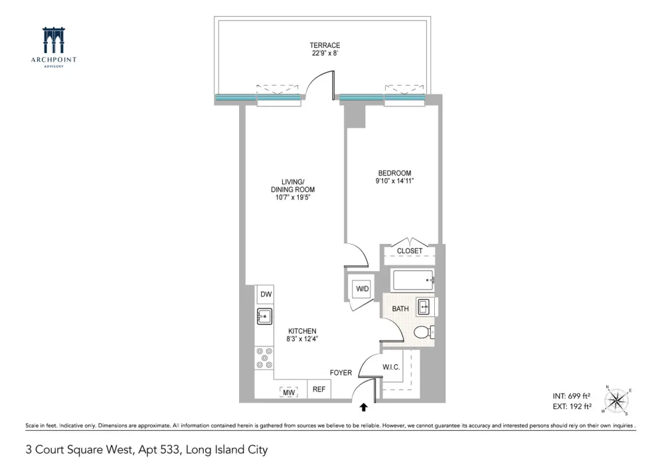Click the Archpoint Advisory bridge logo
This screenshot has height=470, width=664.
[x=53, y=41]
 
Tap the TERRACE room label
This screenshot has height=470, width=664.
[x=325, y=45]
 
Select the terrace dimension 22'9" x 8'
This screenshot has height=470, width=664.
[x=325, y=53]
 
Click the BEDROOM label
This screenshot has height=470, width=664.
[x=394, y=173]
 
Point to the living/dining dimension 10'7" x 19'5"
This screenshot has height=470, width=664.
[x=293, y=197]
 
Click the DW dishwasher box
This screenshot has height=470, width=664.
[x=266, y=294]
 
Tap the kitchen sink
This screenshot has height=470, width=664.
[x=265, y=316]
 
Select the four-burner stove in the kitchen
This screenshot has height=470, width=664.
[x=264, y=358]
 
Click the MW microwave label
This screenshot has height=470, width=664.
[x=289, y=393]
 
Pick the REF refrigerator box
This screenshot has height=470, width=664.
[x=319, y=389]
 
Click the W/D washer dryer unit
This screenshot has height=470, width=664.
[x=362, y=289]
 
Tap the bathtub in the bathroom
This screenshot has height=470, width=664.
[x=413, y=280]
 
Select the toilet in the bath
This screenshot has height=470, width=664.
[x=423, y=332]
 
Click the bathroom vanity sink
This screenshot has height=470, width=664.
[x=424, y=307]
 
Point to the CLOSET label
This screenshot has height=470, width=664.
[x=410, y=251]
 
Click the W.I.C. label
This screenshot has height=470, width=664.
[x=391, y=367]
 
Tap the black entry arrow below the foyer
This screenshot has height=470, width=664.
[x=363, y=408]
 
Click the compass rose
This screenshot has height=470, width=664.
[x=617, y=400]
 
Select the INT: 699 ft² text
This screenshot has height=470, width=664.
[x=571, y=396]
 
